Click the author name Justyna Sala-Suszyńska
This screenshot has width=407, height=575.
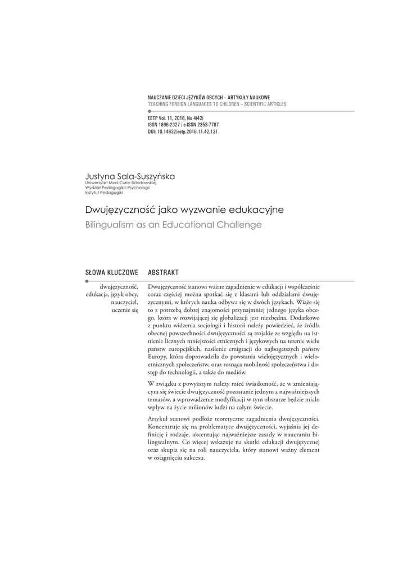click(130, 176)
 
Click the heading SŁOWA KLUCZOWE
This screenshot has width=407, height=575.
click(111, 272)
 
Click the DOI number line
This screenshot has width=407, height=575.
click(182, 131)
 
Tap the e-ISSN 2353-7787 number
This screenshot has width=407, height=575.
click(206, 125)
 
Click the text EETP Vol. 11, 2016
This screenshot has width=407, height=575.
click(168, 119)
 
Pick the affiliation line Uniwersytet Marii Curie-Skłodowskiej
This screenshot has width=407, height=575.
click(121, 184)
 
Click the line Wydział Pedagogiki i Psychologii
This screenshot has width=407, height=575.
click(117, 188)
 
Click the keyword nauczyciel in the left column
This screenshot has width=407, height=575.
click(125, 302)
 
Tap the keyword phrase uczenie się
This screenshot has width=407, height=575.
click(125, 310)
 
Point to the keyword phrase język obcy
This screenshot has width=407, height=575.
click(125, 294)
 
